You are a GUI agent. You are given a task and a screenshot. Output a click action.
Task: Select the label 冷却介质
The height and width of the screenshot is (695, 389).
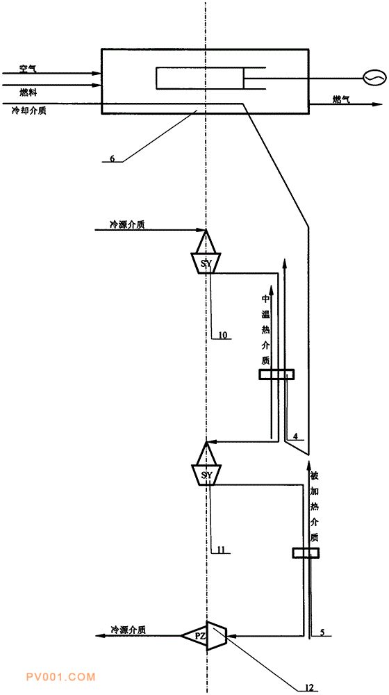point(29,111)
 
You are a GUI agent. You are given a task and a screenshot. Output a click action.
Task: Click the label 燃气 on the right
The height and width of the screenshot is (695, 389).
point(342,99)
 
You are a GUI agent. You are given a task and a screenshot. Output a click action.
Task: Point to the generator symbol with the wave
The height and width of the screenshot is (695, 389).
point(370,79)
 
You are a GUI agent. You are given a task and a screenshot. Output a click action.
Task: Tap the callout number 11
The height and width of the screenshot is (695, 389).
point(222,550)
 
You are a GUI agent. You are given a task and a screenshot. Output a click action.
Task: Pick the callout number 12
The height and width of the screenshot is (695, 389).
point(310,687)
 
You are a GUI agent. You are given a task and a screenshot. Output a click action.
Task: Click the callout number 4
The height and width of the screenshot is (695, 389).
point(295,436)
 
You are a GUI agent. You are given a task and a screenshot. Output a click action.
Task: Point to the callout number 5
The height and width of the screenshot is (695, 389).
point(322,633)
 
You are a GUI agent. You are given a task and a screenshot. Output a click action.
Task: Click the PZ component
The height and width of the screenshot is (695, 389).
point(204,635)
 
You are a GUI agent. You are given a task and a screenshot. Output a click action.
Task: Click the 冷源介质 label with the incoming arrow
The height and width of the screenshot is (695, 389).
point(127,224)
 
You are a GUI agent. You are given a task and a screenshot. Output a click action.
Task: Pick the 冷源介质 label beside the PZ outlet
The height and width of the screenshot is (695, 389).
point(129,630)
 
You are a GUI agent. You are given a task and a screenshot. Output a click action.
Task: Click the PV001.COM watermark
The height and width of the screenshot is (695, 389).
point(60,677)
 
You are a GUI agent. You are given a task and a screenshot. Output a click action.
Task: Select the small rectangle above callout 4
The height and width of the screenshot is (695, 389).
point(276,375)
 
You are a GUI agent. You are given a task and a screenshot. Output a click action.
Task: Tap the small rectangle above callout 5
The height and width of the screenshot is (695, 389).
point(305,553)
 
